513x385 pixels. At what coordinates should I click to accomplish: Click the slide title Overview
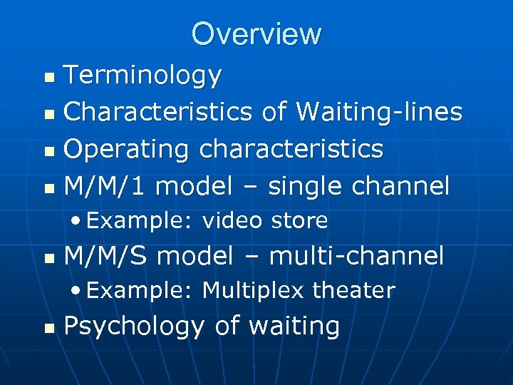(x=256, y=34)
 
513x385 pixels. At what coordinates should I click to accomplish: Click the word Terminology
(x=142, y=75)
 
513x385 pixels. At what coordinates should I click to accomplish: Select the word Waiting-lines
(x=379, y=112)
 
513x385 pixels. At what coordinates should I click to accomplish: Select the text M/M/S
(x=107, y=255)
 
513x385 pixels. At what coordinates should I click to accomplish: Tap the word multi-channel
(x=358, y=255)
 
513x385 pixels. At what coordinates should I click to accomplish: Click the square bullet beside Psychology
(x=48, y=328)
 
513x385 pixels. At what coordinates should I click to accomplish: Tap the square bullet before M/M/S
(x=48, y=257)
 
